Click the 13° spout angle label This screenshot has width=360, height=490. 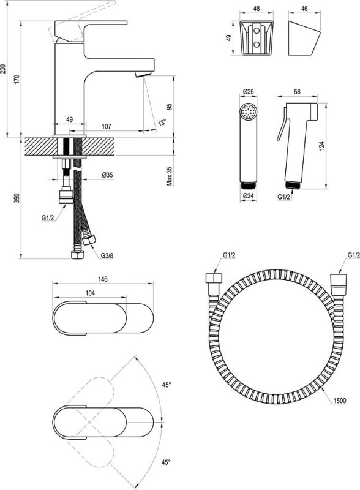[x=162, y=123]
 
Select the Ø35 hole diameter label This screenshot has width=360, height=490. [x=107, y=175]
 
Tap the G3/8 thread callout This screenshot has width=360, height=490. [x=107, y=255]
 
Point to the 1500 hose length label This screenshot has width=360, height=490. [x=340, y=401]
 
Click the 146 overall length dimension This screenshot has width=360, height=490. [x=103, y=279]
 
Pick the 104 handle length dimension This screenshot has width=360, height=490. [x=90, y=293]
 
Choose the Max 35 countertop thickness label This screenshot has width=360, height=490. [x=169, y=176]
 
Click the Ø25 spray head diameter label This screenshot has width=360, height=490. [x=248, y=92]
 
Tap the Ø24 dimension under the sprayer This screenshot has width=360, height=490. [x=248, y=196]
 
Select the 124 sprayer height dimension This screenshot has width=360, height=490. [x=322, y=146]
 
